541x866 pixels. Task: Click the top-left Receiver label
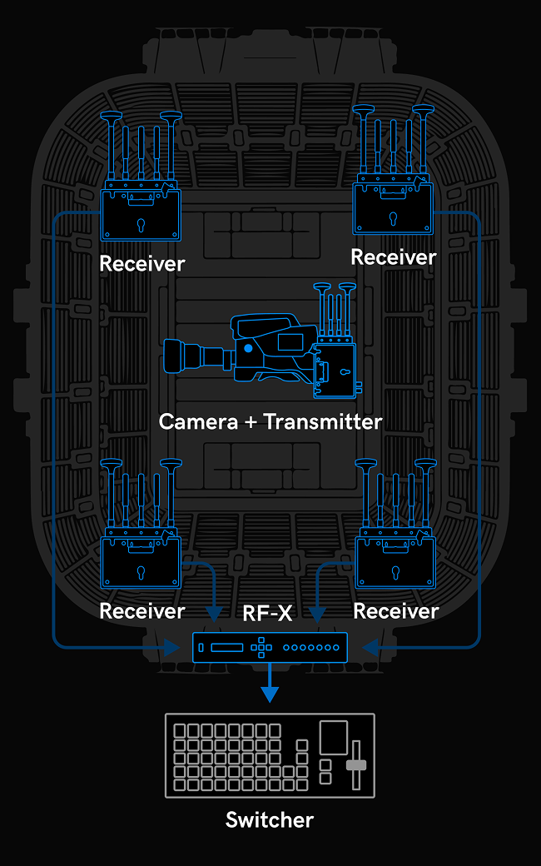pos(141,264)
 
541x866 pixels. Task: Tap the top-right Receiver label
pos(394,257)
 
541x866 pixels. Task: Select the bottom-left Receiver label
pos(141,611)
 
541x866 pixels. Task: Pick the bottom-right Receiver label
pos(395,611)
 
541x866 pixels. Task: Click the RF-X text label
pos(267,614)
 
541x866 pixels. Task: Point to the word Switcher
pos(270,820)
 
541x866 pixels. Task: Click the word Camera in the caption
pos(198,421)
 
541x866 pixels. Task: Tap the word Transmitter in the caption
pos(323,421)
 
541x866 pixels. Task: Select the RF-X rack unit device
pos(270,647)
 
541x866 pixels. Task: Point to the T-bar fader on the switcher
pos(356,764)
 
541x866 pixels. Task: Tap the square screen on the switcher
pos(334,738)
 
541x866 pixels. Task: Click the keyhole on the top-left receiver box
pos(141,223)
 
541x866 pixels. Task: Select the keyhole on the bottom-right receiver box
pos(395,573)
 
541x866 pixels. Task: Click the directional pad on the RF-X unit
pos(261,647)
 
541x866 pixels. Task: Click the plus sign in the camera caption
pos(251,422)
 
